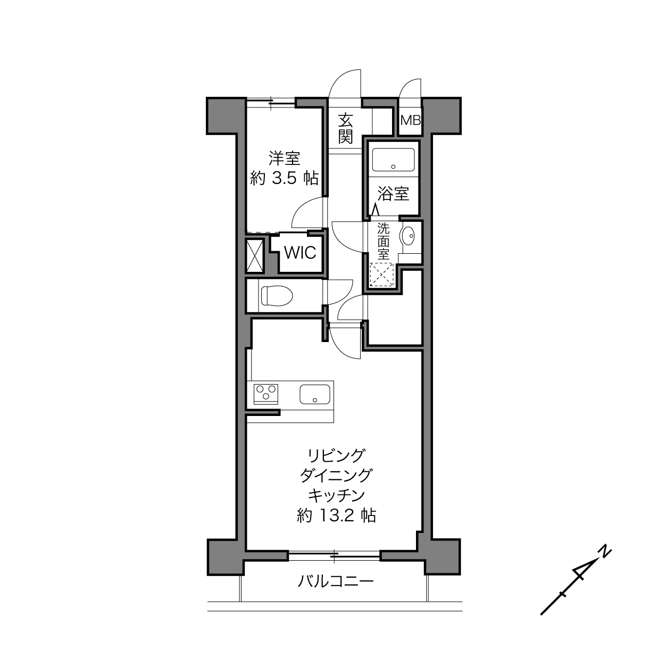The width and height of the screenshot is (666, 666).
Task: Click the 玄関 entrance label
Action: pos(345,128)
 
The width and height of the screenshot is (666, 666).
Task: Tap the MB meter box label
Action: pos(410,120)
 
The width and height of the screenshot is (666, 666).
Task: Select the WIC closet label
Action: pos(300,253)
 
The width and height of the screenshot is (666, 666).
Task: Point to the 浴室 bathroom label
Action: pos(393,194)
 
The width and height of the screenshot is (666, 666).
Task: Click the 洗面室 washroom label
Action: pos(384,242)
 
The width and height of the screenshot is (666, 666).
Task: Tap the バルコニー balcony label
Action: pos(336,581)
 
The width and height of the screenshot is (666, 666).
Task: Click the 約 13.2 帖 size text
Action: pos(336,516)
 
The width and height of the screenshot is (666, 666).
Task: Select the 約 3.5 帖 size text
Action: pos(284,179)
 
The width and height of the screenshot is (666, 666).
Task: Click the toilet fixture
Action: pos(277,296)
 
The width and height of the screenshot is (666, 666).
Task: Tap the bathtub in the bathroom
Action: pos(393,160)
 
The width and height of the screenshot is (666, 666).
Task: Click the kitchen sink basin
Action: pos(314,394)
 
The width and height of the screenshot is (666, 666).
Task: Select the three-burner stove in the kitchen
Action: pos(266,394)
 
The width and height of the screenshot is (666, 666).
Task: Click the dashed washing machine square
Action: pos(381,275)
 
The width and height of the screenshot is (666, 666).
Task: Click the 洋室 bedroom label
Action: pos(285,159)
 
